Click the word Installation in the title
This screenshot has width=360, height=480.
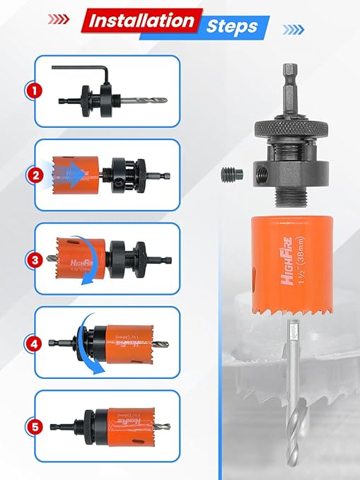point(141,21)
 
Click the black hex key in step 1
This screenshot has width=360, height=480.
point(85,71)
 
